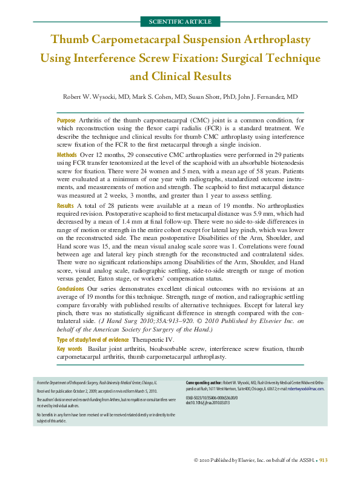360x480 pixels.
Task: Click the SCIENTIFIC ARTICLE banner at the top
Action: click(179, 21)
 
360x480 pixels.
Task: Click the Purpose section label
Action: click(66, 121)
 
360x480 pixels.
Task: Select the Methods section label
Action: click(67, 156)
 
